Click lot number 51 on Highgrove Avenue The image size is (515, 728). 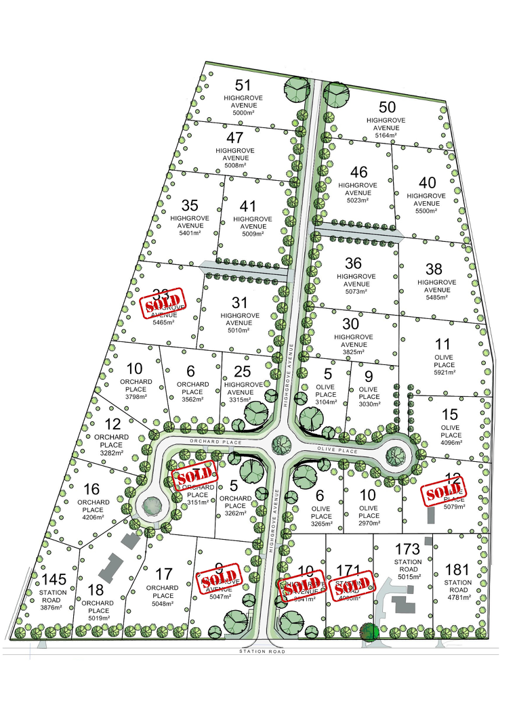pos(243,85)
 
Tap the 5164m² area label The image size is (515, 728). pos(386,135)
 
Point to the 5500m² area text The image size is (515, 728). pos(426,211)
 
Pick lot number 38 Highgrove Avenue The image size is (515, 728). pos(434,270)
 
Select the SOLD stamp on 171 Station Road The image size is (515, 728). pos(352,585)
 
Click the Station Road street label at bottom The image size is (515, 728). pos(262,651)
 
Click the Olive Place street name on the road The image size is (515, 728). pos(339,450)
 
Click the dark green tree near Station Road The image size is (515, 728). pos(369,632)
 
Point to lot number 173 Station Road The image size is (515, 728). pos(407,548)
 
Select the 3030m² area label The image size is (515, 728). pos(369,404)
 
